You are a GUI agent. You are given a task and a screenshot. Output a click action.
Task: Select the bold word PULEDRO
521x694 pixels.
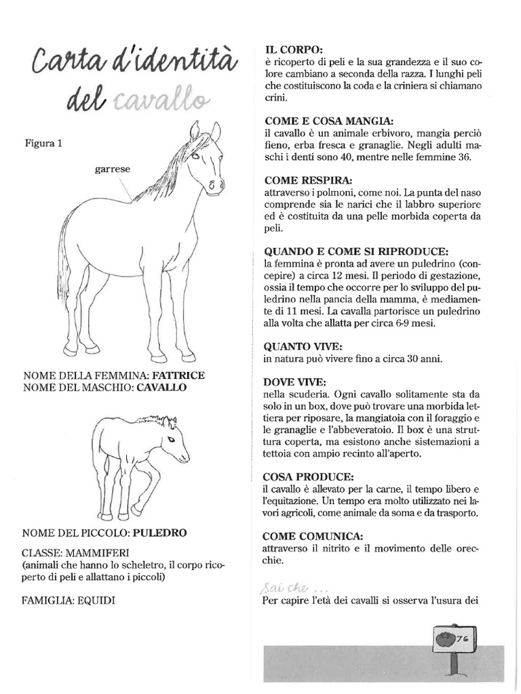click(x=160, y=533)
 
